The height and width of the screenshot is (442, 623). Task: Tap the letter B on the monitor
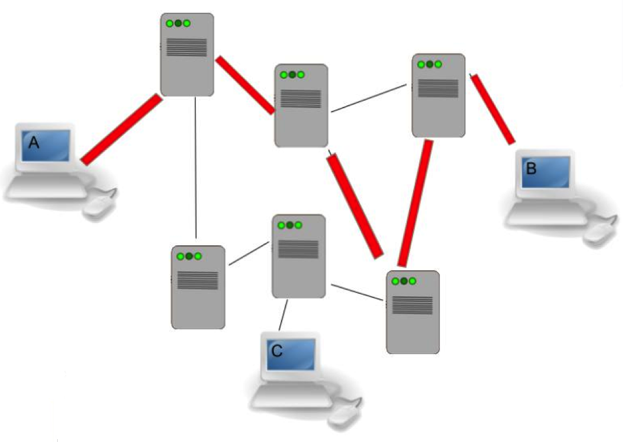[530, 169]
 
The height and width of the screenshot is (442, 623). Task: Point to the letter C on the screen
[277, 351]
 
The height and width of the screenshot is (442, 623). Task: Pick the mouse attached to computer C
[346, 416]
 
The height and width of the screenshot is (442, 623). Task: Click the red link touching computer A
[121, 129]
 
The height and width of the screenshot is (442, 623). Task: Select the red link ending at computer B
[493, 109]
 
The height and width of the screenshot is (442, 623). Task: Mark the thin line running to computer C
[283, 314]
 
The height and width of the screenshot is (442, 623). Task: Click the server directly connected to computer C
[298, 256]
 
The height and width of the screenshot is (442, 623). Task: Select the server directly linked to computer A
[187, 54]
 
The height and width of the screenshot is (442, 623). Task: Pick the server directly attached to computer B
[438, 95]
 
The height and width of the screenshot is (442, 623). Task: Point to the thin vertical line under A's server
[196, 166]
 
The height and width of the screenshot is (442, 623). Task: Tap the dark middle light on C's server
[289, 225]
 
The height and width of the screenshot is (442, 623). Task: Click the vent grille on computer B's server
[438, 88]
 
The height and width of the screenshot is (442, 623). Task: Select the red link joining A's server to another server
[245, 85]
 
